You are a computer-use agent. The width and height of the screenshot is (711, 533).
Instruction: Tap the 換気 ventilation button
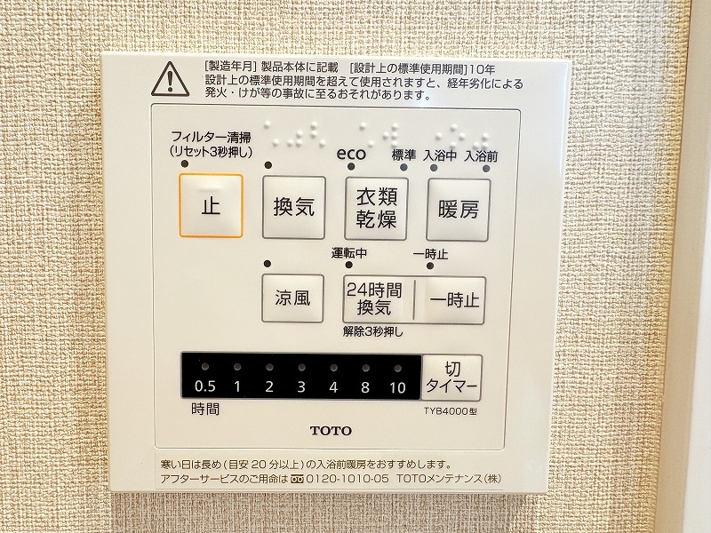click(x=294, y=208)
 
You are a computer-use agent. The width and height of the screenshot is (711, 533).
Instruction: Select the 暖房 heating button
click(x=459, y=210)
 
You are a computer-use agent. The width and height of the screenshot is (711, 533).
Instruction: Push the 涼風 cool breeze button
click(x=293, y=298)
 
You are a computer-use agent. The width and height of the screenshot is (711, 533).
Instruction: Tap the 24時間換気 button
click(x=378, y=299)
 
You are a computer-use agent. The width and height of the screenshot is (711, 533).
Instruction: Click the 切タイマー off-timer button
click(x=451, y=377)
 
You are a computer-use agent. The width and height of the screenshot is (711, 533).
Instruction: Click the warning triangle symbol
click(x=170, y=79)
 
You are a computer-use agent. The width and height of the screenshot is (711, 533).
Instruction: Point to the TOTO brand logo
click(x=331, y=431)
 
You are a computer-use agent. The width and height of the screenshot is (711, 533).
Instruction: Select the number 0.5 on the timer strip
click(x=205, y=386)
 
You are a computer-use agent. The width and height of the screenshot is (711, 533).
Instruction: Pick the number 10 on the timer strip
click(x=397, y=387)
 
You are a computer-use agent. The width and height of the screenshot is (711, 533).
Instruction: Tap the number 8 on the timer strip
click(x=365, y=387)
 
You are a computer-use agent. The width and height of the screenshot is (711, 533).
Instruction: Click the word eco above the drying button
click(x=351, y=154)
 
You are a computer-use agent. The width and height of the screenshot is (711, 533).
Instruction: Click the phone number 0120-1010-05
click(x=348, y=479)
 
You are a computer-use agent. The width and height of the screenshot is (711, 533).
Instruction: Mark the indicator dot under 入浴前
click(x=486, y=169)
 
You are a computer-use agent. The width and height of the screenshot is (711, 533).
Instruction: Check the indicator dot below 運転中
click(x=348, y=265)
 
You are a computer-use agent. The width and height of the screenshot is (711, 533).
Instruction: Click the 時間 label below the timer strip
click(x=205, y=410)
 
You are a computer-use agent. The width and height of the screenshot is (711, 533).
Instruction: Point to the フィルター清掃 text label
click(x=211, y=137)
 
